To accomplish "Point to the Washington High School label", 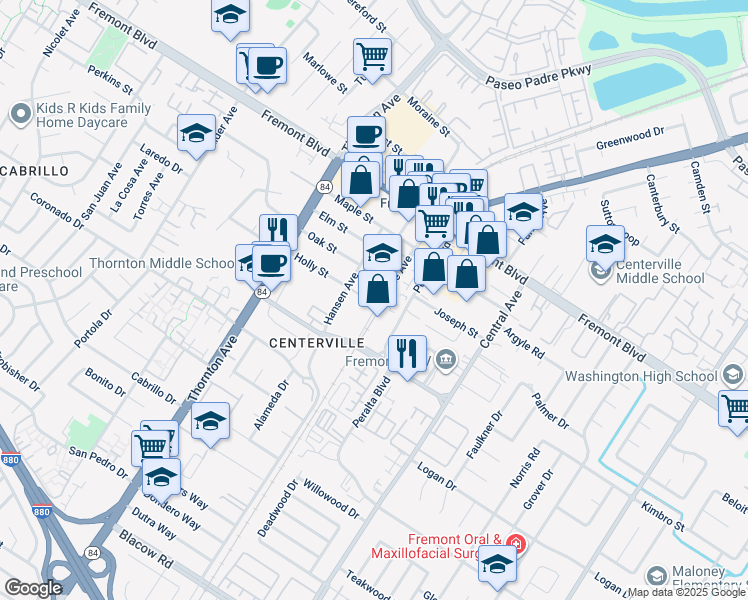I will point(641,376).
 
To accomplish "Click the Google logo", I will point(34,588).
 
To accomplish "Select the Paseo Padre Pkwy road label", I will point(539,76).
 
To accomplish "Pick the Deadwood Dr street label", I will point(278,508).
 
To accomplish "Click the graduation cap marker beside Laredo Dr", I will point(196,132).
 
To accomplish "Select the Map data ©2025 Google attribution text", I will point(686,592).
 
